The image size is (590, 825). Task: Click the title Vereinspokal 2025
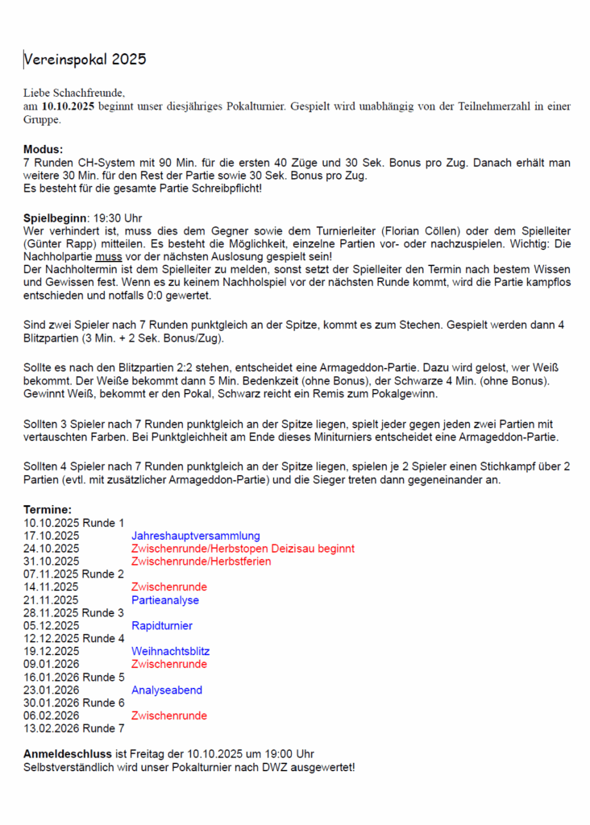click(x=85, y=60)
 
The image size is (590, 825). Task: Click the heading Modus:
click(x=43, y=150)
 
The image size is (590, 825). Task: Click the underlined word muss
click(x=108, y=256)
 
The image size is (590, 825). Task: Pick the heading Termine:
click(x=48, y=510)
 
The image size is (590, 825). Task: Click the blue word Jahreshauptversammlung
click(x=195, y=536)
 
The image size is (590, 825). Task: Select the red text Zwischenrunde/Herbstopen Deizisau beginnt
click(x=243, y=549)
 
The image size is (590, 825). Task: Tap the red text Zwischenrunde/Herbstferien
click(x=201, y=562)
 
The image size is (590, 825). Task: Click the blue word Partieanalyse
click(x=164, y=600)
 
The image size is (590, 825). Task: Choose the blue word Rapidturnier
click(x=162, y=626)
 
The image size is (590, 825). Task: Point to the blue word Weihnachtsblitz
click(x=170, y=652)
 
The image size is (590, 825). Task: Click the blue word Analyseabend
click(x=167, y=690)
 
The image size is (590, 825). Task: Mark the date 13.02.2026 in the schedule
click(x=52, y=729)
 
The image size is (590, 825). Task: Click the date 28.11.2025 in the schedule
click(x=52, y=613)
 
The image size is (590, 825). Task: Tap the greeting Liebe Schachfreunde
click(x=73, y=93)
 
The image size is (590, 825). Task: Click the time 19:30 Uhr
click(x=118, y=218)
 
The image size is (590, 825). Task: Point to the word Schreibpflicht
click(x=223, y=189)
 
